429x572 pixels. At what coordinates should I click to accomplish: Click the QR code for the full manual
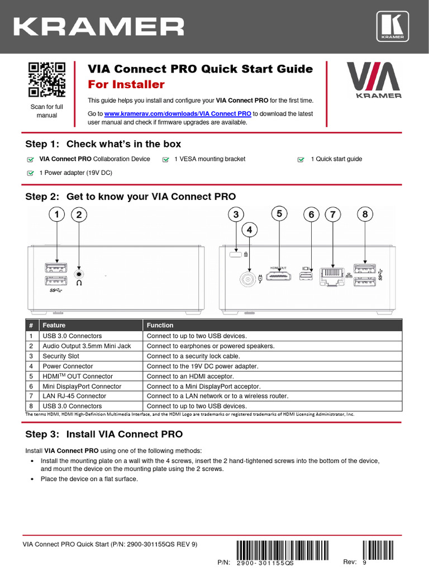pos(47,80)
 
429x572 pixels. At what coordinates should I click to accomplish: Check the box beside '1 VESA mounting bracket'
pos(165,159)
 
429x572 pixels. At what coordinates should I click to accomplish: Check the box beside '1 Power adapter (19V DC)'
pos(30,173)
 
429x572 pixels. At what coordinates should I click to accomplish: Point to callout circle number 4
pos(250,230)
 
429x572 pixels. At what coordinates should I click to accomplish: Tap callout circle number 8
pos(365,214)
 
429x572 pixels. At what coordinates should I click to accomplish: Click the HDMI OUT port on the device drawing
pos(280,277)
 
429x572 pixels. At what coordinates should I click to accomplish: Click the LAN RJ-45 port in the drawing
pos(332,276)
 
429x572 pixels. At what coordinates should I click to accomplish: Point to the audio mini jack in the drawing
pos(80,273)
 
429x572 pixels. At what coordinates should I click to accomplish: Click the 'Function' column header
pos(160,325)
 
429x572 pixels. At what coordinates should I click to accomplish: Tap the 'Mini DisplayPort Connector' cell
pos(82,386)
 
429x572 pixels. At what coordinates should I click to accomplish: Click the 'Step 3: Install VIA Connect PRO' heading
pos(104,434)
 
